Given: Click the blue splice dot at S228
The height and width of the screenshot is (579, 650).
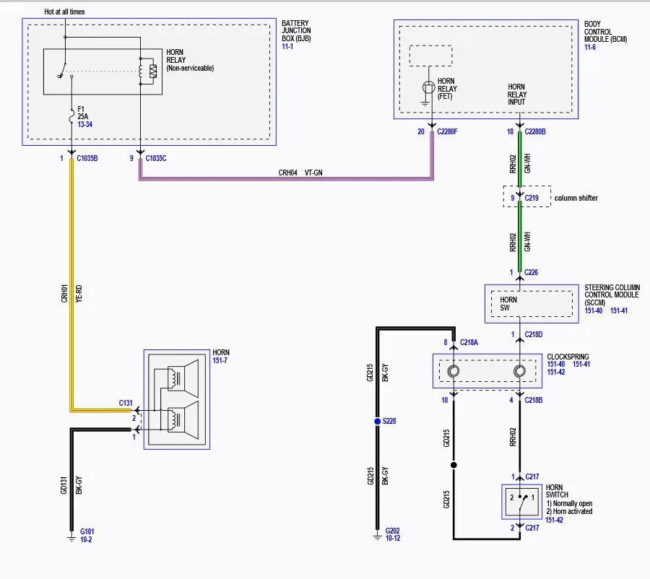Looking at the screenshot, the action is (377, 421).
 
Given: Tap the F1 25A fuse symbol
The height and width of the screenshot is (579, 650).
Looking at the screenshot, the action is (71, 116).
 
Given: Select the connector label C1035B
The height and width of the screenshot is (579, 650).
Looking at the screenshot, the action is (87, 158).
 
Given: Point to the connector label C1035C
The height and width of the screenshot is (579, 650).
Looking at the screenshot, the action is (156, 158).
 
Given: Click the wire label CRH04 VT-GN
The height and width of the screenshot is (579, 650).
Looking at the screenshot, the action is (300, 173).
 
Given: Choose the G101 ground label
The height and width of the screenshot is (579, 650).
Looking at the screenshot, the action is (87, 531).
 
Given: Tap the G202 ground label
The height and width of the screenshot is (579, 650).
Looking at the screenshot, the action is (393, 531).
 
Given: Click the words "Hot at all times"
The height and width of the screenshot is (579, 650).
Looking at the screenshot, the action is (64, 12).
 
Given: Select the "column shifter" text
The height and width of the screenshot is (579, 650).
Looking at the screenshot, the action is (576, 198).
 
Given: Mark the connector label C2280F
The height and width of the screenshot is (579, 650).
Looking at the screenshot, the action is (447, 131).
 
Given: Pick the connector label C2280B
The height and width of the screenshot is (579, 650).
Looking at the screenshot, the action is (535, 131).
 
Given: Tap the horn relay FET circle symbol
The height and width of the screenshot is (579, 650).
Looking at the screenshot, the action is (428, 87).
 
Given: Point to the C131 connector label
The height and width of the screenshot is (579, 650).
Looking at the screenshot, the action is (126, 403).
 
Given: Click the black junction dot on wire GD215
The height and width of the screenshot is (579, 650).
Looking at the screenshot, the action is (454, 465).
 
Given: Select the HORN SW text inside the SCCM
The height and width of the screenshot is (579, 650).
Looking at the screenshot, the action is (508, 304).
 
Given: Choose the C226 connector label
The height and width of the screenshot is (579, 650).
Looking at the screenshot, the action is (531, 272).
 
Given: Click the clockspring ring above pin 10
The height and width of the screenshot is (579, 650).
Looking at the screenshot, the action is (454, 371).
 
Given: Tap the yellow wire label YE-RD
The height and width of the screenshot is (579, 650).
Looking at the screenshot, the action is (79, 293).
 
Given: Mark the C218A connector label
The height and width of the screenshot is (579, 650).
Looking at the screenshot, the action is (469, 342).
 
